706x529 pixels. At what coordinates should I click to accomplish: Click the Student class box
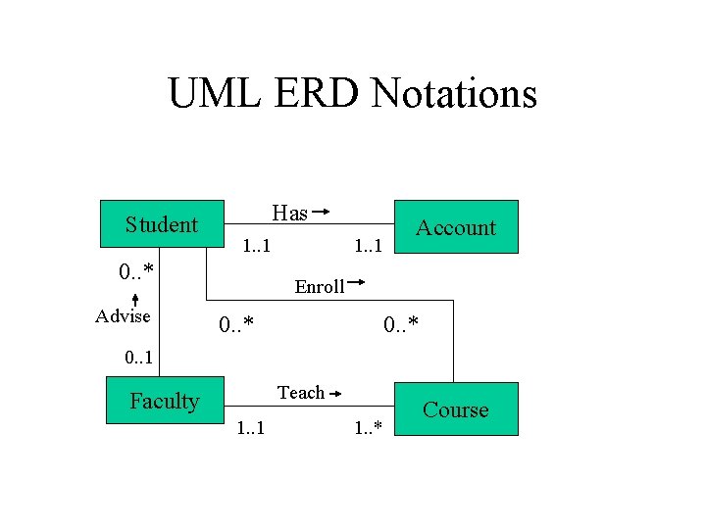tap(163, 225)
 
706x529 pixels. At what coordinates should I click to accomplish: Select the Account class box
tap(455, 227)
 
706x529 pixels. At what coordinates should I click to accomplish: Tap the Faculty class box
tap(165, 401)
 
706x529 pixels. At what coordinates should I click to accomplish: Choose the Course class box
tap(455, 409)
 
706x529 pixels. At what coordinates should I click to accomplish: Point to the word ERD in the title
tap(313, 94)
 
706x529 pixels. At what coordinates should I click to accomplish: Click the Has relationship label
tap(289, 213)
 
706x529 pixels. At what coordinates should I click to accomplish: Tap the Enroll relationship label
tap(320, 287)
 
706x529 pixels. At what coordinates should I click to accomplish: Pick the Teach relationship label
tap(300, 393)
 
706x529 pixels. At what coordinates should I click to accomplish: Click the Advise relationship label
tap(123, 315)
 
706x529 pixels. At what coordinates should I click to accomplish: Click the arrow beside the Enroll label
tap(357, 284)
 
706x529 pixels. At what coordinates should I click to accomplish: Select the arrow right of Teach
tap(335, 393)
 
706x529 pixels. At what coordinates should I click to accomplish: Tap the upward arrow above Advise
tap(134, 296)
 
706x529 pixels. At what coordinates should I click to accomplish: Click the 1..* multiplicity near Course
tap(372, 427)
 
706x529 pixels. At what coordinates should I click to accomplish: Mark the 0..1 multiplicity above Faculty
tap(138, 359)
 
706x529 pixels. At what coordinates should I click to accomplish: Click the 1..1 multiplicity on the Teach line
tap(250, 428)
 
